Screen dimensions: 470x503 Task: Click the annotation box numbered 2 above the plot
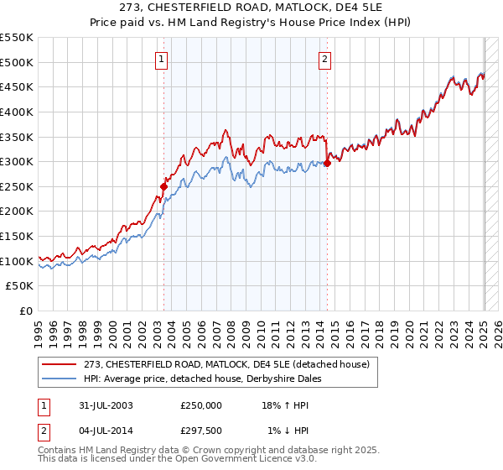click(x=324, y=59)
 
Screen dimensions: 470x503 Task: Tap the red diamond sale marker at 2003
click(x=164, y=186)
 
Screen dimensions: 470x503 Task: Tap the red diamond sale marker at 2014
click(x=327, y=163)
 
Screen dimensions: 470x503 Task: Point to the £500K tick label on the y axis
click(x=17, y=63)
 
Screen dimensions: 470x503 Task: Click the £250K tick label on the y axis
click(x=17, y=187)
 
